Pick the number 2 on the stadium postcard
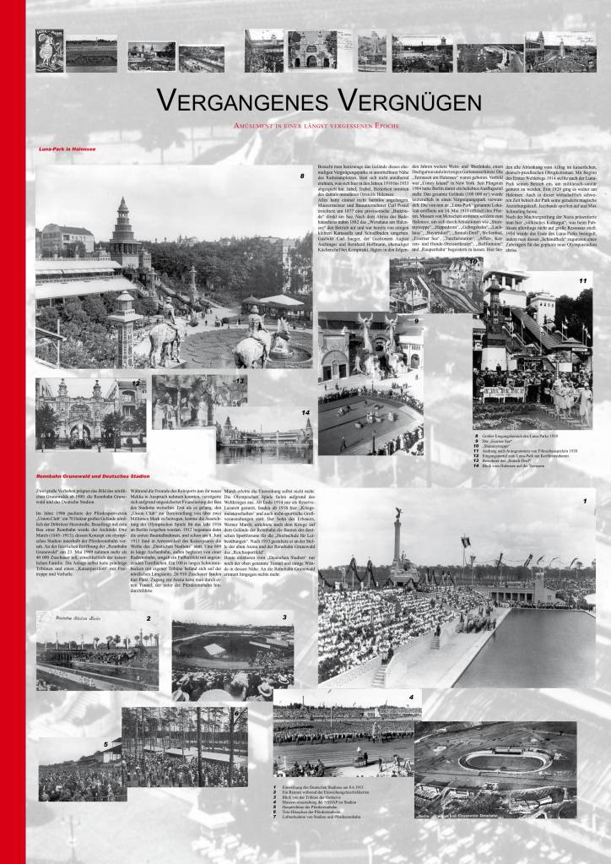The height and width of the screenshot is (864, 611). tap(149, 617)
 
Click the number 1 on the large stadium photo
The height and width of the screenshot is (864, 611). tap(583, 500)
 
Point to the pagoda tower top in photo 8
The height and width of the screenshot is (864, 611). tap(124, 207)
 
